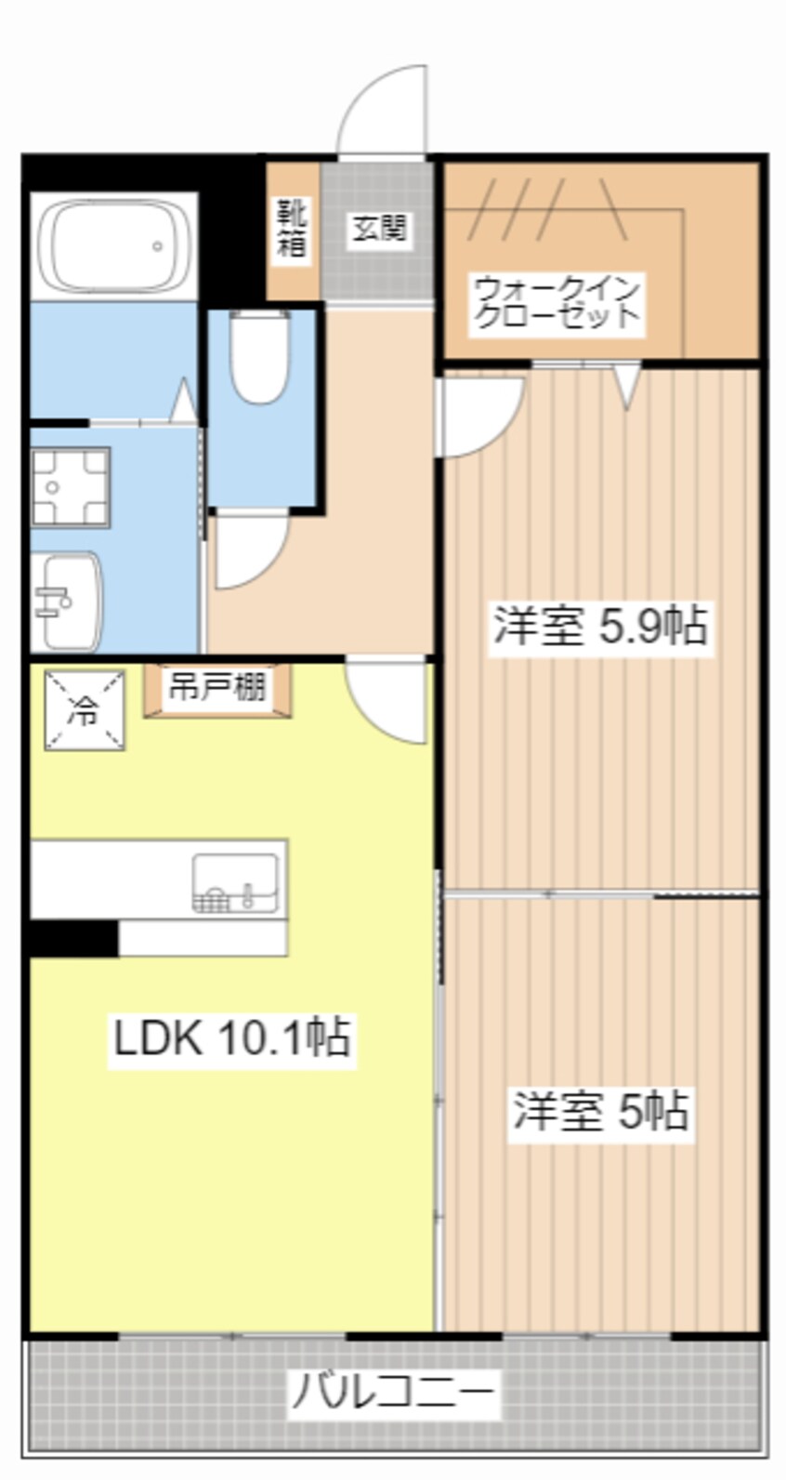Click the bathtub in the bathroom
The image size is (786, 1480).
113,246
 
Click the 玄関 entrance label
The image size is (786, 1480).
379,228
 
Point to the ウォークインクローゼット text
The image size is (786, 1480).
556,303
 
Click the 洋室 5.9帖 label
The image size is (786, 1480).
600,626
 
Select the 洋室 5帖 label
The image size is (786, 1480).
600,1111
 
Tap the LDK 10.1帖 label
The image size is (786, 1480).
231,1037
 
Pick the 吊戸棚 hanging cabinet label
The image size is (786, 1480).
216,688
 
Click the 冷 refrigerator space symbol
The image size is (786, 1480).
85,710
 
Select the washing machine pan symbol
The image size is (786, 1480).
70,487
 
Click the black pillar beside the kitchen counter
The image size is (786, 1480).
73,938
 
